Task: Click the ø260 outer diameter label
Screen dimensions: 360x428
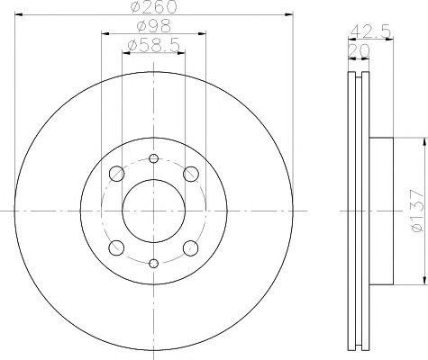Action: point(152,8)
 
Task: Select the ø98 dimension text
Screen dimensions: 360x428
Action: point(152,28)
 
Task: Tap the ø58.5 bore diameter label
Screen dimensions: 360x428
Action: point(152,45)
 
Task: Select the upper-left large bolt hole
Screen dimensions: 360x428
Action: point(115,174)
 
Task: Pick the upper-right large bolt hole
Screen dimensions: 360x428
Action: point(190,174)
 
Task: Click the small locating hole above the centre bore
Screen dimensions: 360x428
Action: point(153,159)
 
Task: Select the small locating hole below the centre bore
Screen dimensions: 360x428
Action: point(153,263)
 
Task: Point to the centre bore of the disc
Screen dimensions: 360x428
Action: point(153,211)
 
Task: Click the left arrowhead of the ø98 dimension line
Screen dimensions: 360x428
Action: point(105,34)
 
